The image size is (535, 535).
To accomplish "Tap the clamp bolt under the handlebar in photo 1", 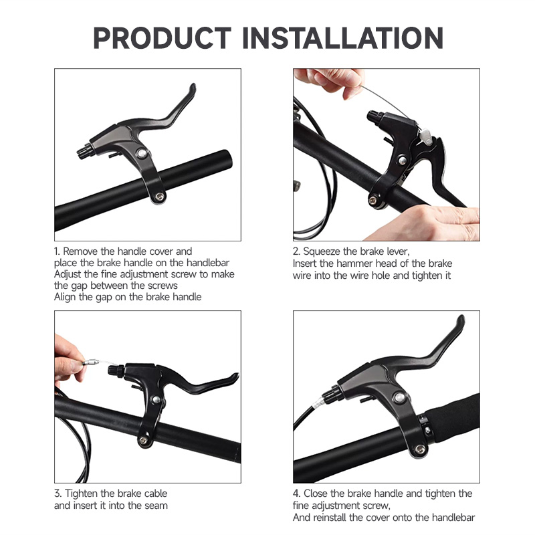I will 159,197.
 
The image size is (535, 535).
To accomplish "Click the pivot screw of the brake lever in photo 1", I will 142,153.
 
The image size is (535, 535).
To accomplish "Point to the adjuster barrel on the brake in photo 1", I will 86,151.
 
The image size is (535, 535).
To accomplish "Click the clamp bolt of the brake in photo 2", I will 372,199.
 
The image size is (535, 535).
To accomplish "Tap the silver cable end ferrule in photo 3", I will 92,363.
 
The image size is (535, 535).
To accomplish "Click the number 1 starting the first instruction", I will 57,252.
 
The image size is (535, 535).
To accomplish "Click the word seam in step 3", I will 154,506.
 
